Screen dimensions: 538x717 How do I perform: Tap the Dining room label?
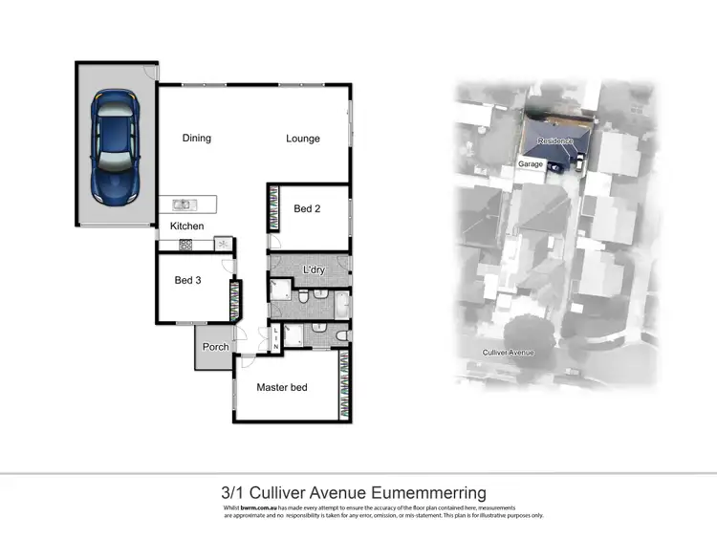coord(196,139)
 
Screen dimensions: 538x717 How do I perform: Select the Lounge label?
coord(303,139)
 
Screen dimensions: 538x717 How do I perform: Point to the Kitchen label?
coord(187,226)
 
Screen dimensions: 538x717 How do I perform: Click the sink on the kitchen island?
coord(183,204)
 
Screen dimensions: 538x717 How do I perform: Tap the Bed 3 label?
coord(187,280)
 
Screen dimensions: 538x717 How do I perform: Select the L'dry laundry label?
coord(314,269)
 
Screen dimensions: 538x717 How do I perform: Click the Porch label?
coord(216,346)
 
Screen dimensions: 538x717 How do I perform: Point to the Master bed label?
coord(282,387)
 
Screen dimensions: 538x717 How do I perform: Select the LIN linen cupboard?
coord(275,336)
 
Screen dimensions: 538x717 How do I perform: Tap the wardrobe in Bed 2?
coord(272,207)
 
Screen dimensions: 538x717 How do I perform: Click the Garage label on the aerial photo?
coord(531,164)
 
